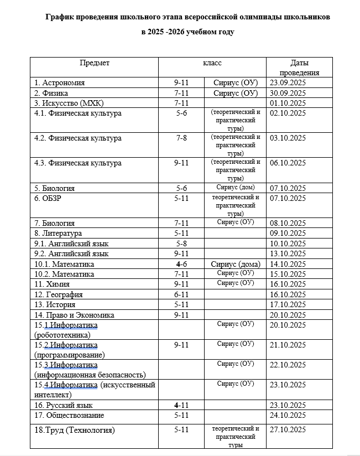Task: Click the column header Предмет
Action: coord(95,63)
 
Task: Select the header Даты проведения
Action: coord(299,68)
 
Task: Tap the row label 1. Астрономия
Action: coord(60,83)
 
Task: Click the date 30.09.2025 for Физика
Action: coord(288,93)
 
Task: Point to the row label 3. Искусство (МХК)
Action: coord(69,103)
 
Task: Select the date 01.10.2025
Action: coord(288,103)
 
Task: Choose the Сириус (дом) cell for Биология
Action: coord(235,188)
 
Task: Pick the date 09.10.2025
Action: coord(288,234)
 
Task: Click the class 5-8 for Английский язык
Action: coord(181,243)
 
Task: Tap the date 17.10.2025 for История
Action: coord(288,304)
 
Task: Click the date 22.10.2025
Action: coord(288,365)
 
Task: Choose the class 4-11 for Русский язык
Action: coord(181,406)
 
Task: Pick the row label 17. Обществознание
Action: coord(69,416)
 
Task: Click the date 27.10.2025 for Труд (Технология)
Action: coord(288,430)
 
